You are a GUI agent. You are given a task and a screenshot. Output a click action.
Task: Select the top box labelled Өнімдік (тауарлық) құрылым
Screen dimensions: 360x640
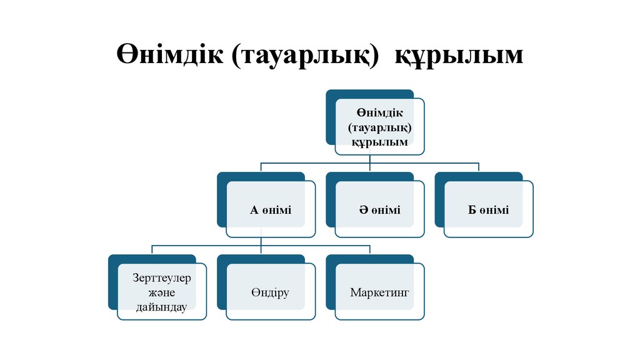379,126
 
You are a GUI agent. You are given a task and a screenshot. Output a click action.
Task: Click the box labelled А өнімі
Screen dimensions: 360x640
271,209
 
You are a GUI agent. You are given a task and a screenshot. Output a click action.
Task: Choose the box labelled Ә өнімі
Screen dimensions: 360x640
379,209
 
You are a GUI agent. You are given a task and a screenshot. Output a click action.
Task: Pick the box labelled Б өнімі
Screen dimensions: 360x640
489,209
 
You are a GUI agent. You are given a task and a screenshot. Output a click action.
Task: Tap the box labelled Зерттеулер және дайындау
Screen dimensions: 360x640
161,292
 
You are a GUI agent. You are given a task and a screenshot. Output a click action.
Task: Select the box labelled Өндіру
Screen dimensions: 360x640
271,292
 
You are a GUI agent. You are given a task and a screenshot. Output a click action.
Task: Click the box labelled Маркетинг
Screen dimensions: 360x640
379,292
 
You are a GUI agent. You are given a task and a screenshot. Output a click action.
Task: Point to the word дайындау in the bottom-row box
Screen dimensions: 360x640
161,306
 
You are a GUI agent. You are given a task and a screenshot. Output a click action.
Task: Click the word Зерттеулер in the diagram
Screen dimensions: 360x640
161,277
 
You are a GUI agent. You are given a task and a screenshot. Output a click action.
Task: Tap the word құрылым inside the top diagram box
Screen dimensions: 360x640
379,142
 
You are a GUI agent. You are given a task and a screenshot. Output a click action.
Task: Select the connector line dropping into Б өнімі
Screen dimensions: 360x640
479,167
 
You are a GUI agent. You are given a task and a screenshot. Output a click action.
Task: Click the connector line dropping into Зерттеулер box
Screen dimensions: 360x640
152,250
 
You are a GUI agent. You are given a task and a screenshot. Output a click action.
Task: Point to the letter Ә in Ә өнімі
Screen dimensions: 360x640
362,209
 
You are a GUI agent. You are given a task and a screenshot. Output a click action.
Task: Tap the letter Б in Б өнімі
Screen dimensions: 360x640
472,209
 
